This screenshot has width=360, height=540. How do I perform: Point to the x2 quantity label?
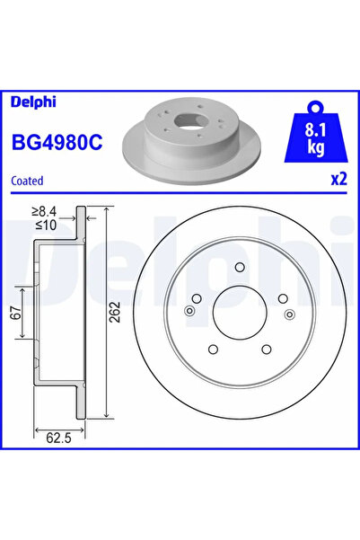pos(338,178)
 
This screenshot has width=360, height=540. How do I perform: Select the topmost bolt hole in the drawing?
pos(240,266)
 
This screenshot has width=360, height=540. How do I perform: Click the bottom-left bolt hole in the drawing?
pos(213,350)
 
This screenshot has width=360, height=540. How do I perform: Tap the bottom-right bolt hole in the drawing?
pos(267,350)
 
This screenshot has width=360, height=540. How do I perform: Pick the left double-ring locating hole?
pos(189,312)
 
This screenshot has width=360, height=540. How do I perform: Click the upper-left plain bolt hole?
pos(197,298)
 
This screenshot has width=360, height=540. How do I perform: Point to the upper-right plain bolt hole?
pos(282,298)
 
